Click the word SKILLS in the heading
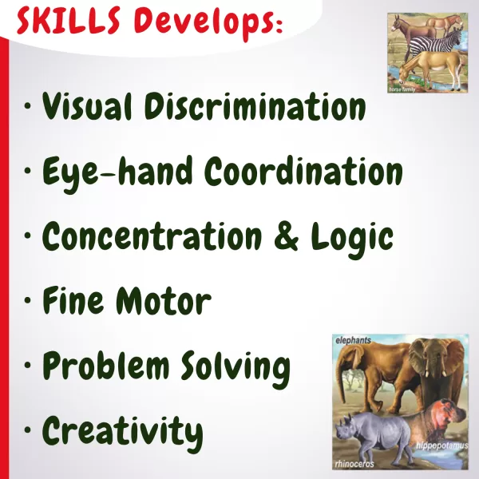(69, 21)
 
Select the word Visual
(87, 105)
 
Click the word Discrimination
(255, 105)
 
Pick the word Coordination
(303, 171)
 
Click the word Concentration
(152, 236)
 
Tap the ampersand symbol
(287, 236)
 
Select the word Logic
(352, 239)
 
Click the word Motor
(164, 301)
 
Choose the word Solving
(235, 369)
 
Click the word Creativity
(122, 434)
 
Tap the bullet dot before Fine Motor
(28, 300)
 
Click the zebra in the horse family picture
(437, 43)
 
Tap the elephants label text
(353, 340)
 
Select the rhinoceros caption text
(354, 464)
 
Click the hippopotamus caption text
(441, 445)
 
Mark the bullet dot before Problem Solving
(28, 365)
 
